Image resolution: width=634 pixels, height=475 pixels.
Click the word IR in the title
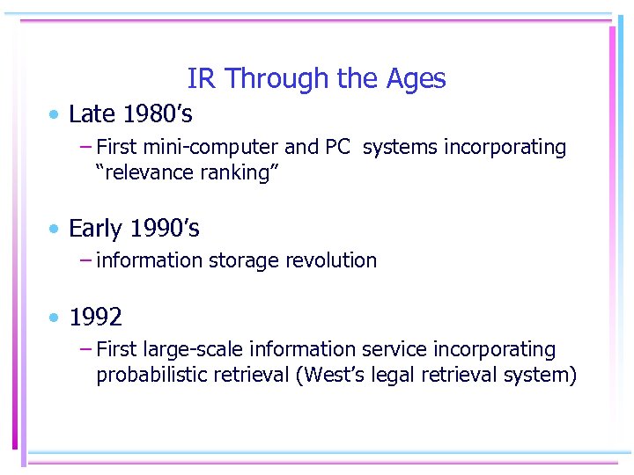[x=201, y=79]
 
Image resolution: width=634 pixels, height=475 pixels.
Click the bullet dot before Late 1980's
[x=55, y=114]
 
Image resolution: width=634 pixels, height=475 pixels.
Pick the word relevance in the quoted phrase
[x=146, y=172]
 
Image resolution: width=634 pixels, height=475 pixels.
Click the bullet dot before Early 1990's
[x=55, y=229]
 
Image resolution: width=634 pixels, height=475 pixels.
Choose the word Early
[x=95, y=229]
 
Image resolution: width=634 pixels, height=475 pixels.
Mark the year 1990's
[x=165, y=229]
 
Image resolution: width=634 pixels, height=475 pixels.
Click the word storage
[x=237, y=260]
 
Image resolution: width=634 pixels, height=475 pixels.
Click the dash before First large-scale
[x=85, y=349]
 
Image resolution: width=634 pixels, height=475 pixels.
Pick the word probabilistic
[x=151, y=375]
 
